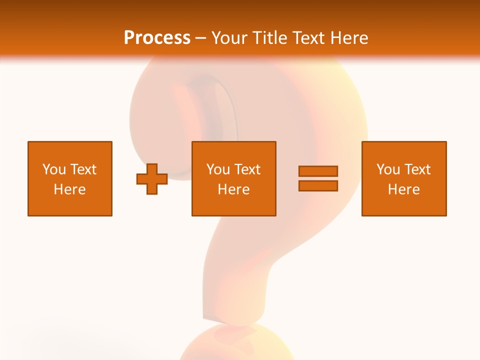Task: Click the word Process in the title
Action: click(x=157, y=38)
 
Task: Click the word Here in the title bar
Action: click(x=349, y=38)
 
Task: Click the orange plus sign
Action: click(x=152, y=179)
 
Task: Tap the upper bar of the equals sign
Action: click(x=318, y=171)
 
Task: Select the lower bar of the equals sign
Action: click(x=318, y=186)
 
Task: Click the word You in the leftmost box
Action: click(x=54, y=169)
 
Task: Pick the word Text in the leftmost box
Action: click(x=83, y=169)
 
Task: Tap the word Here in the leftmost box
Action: click(x=69, y=189)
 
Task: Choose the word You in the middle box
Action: click(x=218, y=169)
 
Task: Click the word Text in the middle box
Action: click(x=247, y=169)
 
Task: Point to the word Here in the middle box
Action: click(x=233, y=189)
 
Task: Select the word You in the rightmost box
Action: click(x=388, y=169)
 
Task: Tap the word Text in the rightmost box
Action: click(x=417, y=169)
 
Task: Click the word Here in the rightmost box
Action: click(x=403, y=189)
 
